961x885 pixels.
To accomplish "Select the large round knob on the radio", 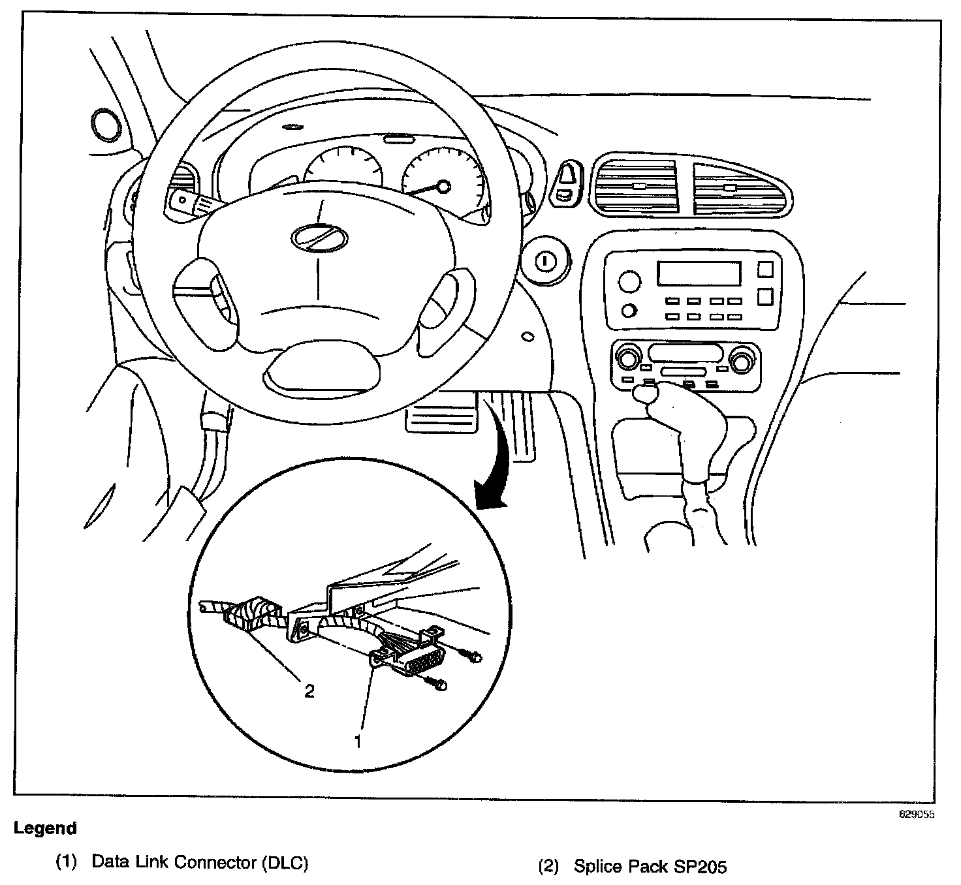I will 629,282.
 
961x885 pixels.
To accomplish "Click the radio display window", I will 699,273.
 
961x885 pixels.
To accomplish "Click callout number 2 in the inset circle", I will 309,691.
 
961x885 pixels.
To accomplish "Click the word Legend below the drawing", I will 45,828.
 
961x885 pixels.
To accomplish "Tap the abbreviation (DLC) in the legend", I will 285,863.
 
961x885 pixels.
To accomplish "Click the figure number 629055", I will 917,815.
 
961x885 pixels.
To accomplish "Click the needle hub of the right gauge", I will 443,187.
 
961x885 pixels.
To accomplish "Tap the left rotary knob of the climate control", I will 628,359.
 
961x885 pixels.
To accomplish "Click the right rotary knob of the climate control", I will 742,360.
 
